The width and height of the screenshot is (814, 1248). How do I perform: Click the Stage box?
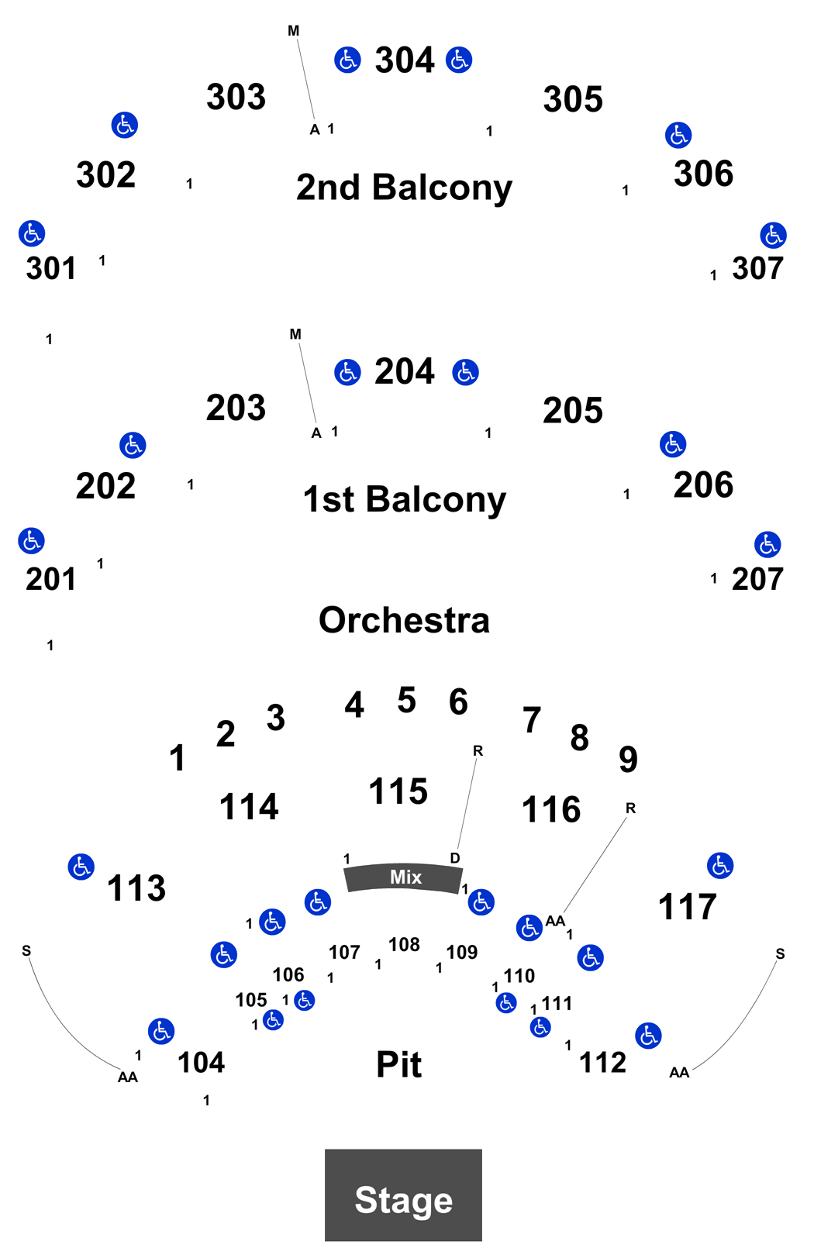403,1195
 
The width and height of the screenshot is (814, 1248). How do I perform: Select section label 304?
405,60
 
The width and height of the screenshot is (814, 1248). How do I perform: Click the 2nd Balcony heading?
404,188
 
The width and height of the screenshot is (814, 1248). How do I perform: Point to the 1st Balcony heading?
405,499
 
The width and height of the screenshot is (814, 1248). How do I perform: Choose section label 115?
398,791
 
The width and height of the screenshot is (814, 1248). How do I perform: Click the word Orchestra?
404,620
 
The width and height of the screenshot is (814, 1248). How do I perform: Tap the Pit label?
399,1064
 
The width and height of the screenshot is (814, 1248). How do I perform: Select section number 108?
404,944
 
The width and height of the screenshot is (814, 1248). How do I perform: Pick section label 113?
136,888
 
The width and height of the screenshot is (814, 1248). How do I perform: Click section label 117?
688,906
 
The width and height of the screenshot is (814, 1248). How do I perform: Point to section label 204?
405,371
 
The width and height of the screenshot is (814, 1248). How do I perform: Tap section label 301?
50,268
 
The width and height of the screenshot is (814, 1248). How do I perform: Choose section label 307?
757,268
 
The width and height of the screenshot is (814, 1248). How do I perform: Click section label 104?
201,1063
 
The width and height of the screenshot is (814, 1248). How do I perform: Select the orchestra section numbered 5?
407,700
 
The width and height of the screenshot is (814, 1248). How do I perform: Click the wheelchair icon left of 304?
347,60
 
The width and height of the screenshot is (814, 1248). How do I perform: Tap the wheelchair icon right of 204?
465,372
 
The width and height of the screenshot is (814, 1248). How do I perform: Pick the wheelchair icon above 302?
124,125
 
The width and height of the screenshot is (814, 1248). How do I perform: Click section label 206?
703,484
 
